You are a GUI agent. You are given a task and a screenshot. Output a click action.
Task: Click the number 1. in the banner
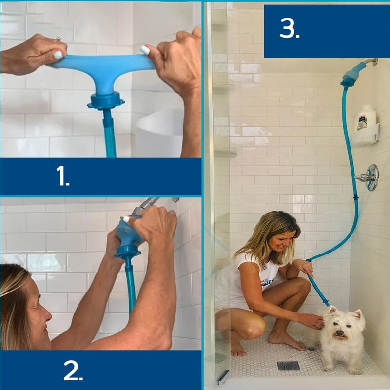pos(63,176)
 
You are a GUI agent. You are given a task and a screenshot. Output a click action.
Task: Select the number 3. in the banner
pos(290,28)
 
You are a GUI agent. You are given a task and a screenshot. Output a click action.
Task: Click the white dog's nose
pos(340,332)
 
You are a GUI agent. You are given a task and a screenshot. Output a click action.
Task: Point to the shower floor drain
pos(288,366)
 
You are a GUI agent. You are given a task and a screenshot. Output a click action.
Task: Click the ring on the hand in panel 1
pos(58,39)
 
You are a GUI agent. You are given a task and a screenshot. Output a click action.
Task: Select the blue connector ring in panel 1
pos(105,101)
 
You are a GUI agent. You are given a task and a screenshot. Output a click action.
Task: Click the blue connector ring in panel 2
pos(127,252)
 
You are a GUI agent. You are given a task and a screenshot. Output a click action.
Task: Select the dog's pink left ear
pos(358,314)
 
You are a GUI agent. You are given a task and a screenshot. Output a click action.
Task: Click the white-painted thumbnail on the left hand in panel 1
pos(58,55)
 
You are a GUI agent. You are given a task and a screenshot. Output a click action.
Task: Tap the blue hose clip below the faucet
pos(356,198)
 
